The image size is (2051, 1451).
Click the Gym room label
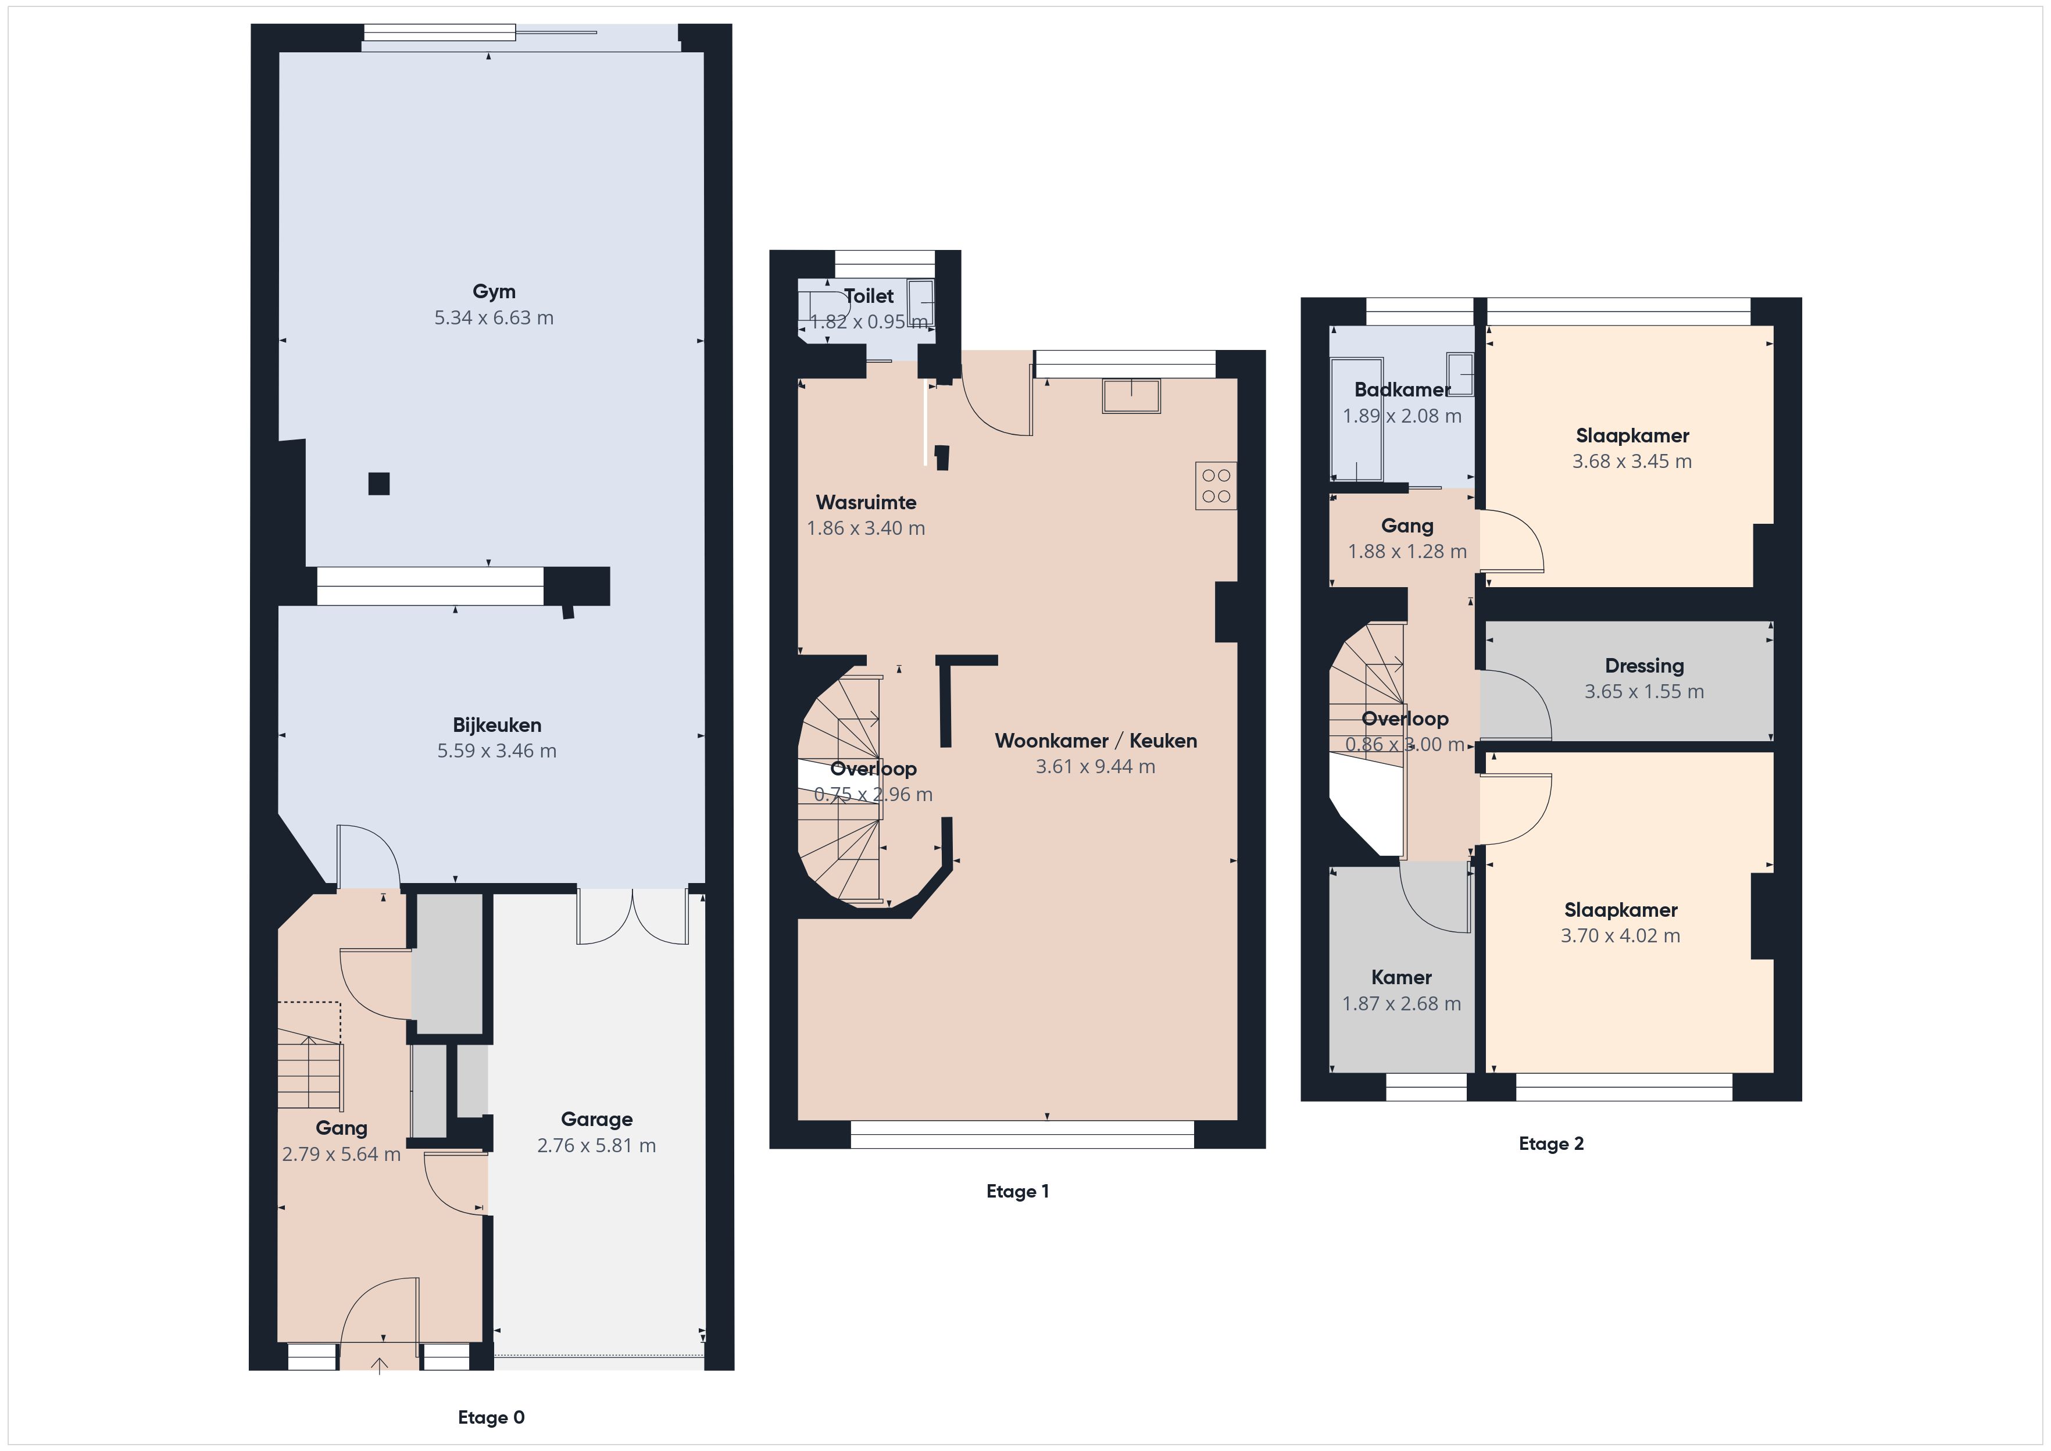494,291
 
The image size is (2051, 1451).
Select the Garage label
596,1120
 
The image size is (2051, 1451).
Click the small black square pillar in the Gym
379,483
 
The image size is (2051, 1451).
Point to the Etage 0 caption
491,1417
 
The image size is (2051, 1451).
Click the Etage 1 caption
1017,1191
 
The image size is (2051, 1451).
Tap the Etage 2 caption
1552,1143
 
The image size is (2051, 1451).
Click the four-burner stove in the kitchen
1216,486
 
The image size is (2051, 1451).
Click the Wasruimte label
866,502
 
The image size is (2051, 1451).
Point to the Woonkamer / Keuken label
1096,741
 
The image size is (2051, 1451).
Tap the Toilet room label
869,296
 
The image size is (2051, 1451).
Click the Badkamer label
1402,389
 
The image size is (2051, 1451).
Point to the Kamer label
1402,977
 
